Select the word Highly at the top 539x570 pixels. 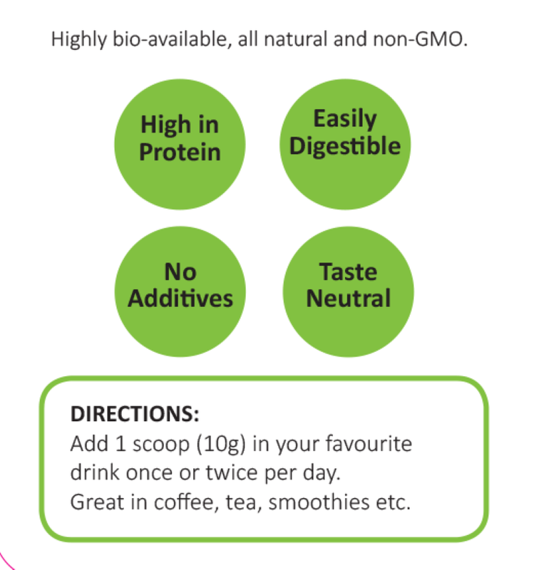79,40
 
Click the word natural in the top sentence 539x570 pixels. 296,39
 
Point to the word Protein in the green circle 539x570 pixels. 180,152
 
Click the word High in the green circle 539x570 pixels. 166,125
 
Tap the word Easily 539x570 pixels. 345,119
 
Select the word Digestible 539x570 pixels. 345,146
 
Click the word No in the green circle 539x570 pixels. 180,271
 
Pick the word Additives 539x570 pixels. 180,298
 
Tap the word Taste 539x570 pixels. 348,271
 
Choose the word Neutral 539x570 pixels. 349,298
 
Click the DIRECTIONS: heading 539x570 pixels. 135,414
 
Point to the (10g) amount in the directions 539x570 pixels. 221,444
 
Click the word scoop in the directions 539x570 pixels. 160,445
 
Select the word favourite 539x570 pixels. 369,443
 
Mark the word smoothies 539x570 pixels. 319,502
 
